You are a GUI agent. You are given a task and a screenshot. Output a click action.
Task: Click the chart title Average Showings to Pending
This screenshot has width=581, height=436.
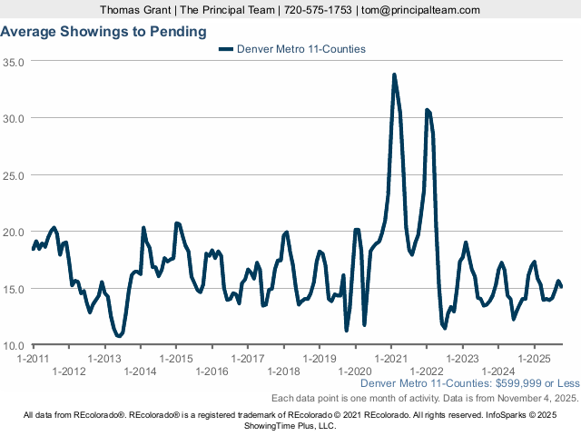point(103,31)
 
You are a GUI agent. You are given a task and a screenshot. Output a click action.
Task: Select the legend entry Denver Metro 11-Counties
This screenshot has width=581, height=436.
point(300,49)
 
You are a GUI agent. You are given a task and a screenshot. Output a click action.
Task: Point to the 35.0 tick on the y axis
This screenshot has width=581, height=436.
point(14,62)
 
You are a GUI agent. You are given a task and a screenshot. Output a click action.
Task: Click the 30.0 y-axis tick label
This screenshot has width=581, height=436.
point(14,118)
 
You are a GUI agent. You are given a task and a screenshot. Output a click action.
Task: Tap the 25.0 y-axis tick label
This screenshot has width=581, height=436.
point(14,175)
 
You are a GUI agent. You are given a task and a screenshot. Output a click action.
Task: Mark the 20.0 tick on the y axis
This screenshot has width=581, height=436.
point(14,232)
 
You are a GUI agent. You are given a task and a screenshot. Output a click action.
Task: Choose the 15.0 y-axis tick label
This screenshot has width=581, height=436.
point(14,289)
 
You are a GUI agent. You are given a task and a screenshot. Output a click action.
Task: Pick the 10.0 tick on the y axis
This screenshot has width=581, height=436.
point(14,346)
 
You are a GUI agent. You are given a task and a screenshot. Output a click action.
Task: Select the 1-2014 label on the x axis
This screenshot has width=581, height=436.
point(140,371)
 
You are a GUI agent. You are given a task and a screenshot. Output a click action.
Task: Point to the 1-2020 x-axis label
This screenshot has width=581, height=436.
point(355,371)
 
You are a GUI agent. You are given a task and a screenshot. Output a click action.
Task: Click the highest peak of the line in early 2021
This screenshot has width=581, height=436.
point(394,74)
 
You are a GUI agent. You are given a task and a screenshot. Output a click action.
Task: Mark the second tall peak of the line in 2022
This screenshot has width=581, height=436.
point(427,110)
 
